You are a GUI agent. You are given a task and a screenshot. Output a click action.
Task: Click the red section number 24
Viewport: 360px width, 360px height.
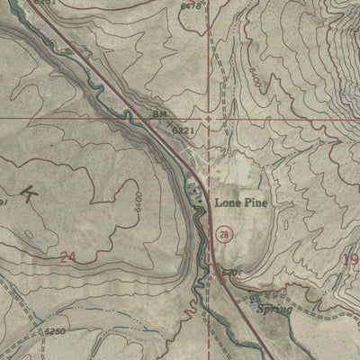tap(67, 257)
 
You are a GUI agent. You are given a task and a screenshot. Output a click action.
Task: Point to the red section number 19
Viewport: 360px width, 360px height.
tap(350, 259)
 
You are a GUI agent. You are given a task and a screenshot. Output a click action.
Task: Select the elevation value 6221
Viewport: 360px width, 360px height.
tap(184, 131)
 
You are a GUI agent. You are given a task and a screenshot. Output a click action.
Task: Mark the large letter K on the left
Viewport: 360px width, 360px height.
tap(31, 193)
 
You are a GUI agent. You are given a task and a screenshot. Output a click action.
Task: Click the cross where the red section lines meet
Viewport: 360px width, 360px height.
tap(209, 118)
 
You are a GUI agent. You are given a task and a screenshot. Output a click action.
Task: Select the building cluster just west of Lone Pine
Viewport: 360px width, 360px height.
tap(195, 190)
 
